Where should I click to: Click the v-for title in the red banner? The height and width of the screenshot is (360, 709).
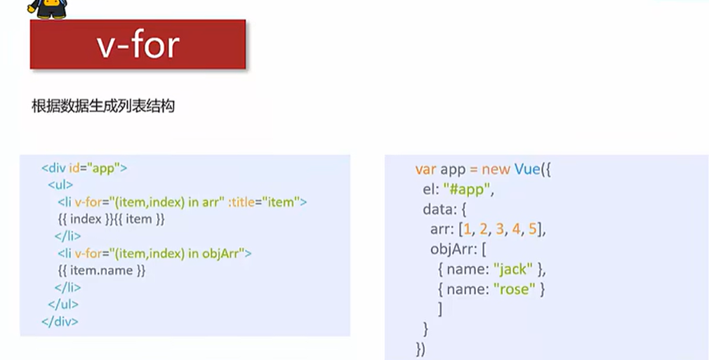138,45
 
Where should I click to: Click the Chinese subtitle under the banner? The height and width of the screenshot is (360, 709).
103,106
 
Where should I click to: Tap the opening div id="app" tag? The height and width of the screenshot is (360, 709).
84,168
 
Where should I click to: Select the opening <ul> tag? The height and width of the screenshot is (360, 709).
60,185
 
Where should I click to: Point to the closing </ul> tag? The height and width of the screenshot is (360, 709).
63,304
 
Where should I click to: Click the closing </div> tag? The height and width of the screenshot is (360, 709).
60,321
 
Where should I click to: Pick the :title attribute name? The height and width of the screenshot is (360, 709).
241,201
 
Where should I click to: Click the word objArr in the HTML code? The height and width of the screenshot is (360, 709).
220,253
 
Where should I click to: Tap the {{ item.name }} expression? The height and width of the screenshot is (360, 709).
102,270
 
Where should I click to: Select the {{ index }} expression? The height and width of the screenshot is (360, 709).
86,220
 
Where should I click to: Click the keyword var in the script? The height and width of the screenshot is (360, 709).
425,169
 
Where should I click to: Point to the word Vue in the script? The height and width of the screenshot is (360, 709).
527,169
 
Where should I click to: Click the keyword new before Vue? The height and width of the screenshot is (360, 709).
496,170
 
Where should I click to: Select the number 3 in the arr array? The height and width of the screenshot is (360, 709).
500,229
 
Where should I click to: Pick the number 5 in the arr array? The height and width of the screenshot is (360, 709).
532,229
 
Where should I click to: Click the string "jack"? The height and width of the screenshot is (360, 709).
513,269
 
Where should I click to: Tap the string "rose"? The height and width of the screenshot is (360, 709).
514,289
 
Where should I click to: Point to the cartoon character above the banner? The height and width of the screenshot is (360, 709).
48,8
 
